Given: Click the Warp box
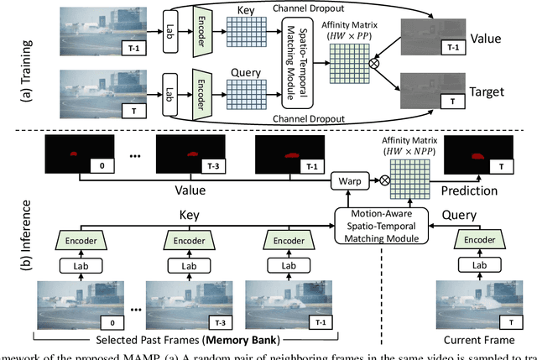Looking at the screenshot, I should [356, 179].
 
